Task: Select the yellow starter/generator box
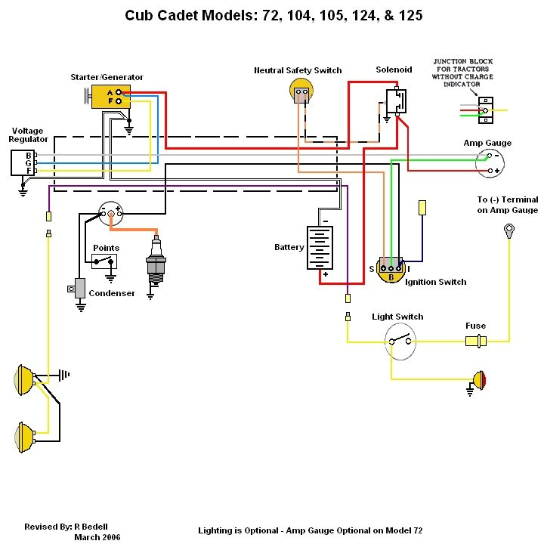pos(110,96)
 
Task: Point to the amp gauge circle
pos(490,163)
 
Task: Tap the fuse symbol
pos(476,342)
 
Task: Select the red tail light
pos(478,379)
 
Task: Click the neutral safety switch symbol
pos(301,91)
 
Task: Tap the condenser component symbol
pos(79,289)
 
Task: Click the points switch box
pos(105,261)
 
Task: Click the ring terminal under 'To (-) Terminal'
pos(509,229)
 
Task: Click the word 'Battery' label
pos(289,247)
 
